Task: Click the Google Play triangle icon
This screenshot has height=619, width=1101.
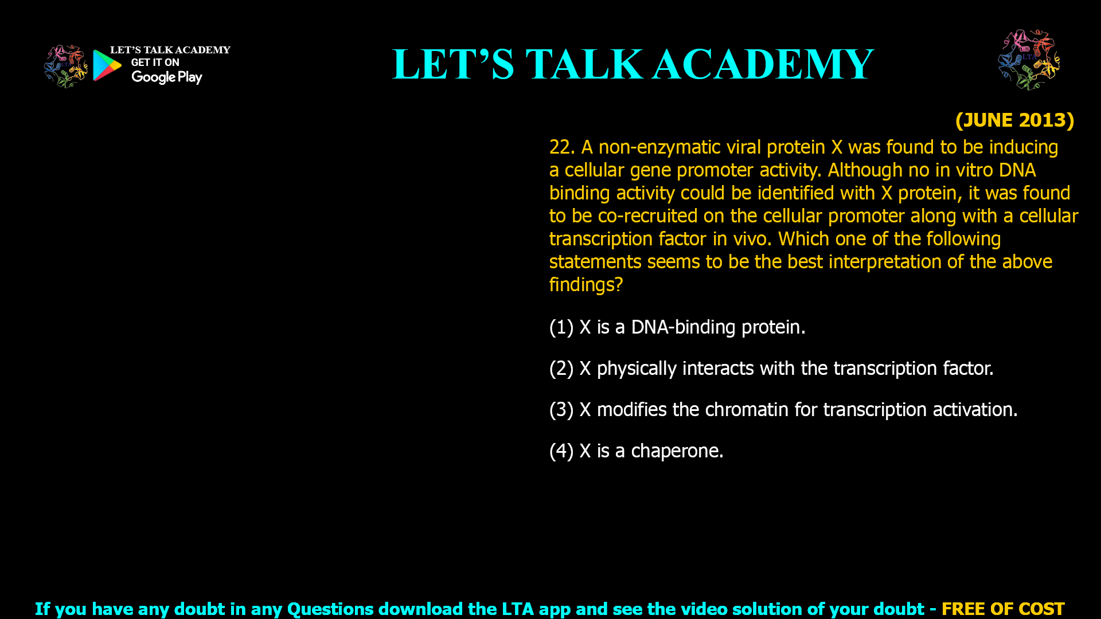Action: tap(107, 65)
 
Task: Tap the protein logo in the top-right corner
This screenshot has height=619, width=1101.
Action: tap(1029, 60)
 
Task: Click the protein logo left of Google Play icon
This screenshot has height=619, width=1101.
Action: tap(66, 66)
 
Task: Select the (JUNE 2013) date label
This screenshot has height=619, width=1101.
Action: tap(1014, 120)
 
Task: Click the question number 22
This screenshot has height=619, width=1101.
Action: tap(562, 147)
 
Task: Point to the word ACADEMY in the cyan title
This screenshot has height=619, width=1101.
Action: tap(763, 64)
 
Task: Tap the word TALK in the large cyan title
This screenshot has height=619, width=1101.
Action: tap(584, 64)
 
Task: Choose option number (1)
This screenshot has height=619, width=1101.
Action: tap(561, 327)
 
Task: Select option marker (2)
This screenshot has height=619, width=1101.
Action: tap(561, 369)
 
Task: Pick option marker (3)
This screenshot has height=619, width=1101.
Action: tap(561, 410)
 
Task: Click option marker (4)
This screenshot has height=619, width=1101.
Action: tap(561, 451)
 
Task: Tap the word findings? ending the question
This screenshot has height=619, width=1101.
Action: tap(586, 285)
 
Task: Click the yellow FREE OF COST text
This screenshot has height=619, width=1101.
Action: tap(1003, 609)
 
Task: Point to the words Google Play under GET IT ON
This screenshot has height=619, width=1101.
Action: tap(167, 77)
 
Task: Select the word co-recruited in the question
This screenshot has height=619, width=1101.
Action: tap(648, 216)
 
